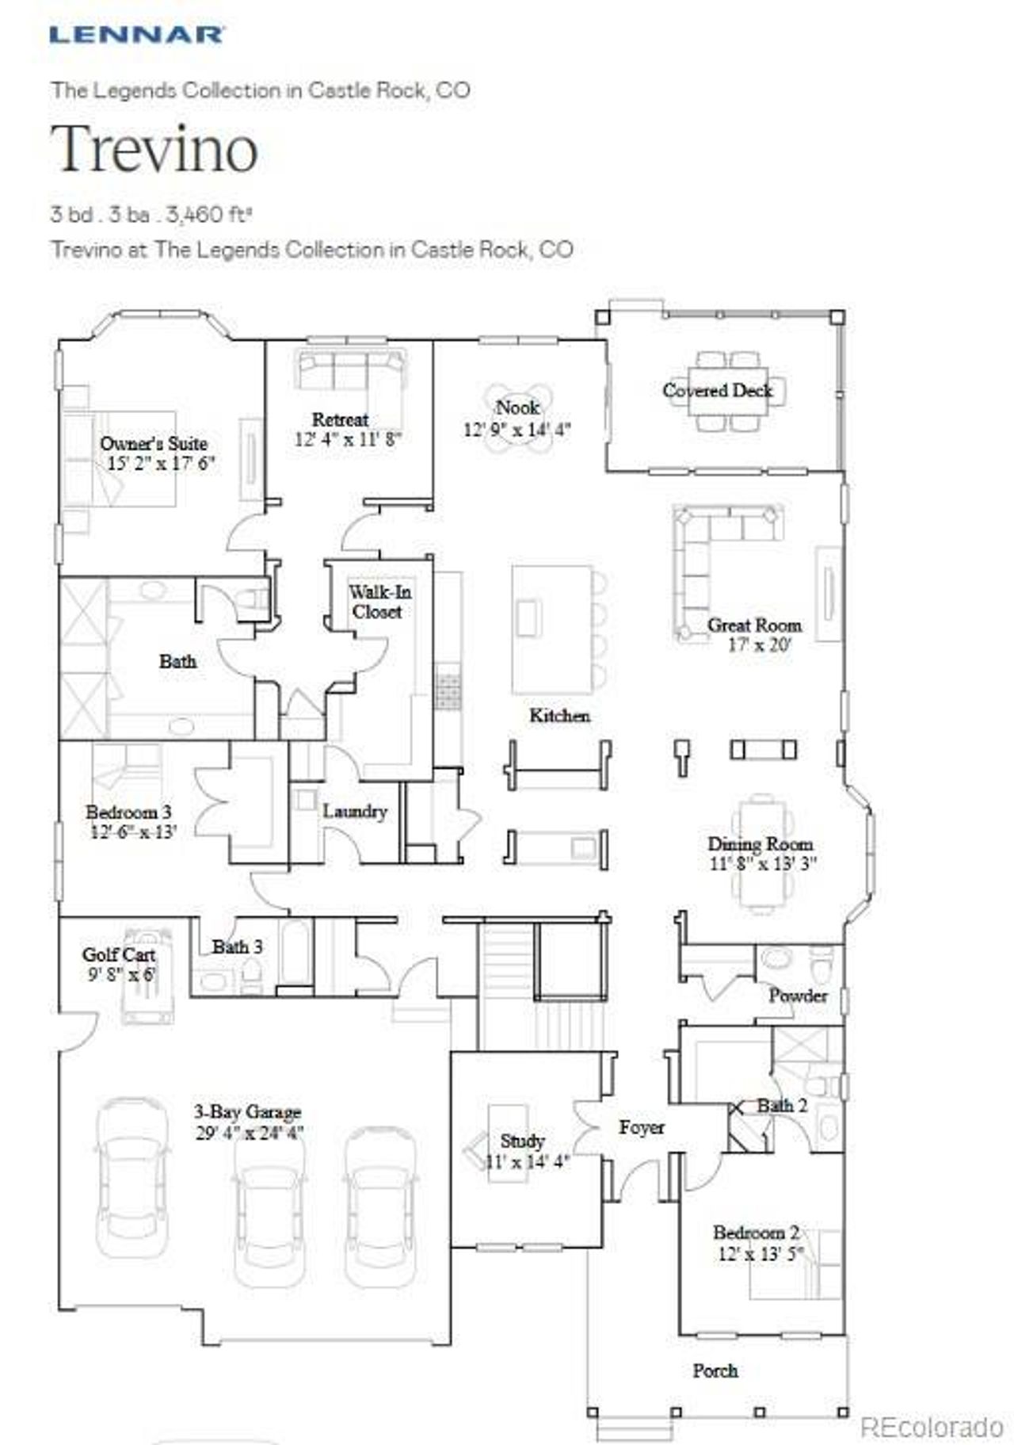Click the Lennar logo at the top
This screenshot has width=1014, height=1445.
pyautogui.click(x=136, y=34)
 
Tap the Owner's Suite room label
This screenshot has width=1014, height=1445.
pyautogui.click(x=154, y=443)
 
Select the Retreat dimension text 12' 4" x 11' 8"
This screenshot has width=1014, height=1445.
pyautogui.click(x=348, y=438)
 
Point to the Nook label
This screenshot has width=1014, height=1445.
pyautogui.click(x=517, y=407)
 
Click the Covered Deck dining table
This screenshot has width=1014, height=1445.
pyautogui.click(x=729, y=388)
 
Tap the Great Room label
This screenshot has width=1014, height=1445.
pyautogui.click(x=754, y=625)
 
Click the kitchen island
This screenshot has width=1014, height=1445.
pyautogui.click(x=551, y=629)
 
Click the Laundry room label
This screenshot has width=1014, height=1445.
pyautogui.click(x=354, y=811)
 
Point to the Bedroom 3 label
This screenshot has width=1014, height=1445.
pyautogui.click(x=128, y=812)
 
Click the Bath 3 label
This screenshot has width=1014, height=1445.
pyautogui.click(x=237, y=946)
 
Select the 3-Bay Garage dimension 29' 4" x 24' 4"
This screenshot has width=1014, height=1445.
pyautogui.click(x=250, y=1132)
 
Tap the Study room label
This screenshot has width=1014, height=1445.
pyautogui.click(x=522, y=1140)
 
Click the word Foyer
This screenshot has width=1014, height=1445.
pyautogui.click(x=642, y=1126)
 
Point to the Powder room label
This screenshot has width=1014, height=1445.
pyautogui.click(x=797, y=995)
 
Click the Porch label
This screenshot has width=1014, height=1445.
pyautogui.click(x=715, y=1370)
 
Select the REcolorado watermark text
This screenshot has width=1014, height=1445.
pyautogui.click(x=931, y=1428)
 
